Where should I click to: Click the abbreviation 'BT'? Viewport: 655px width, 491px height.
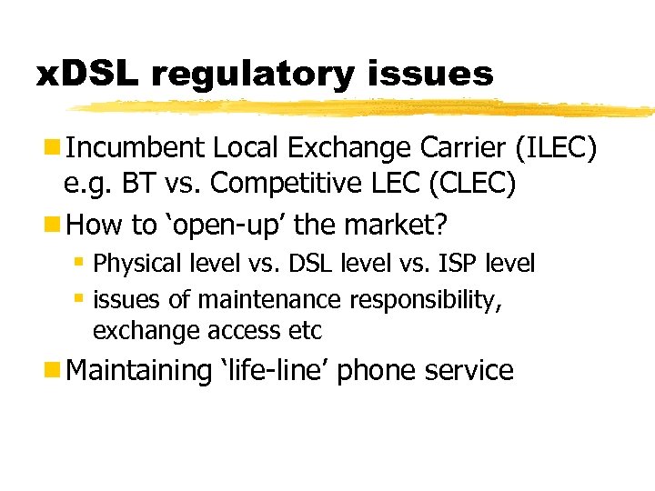(137, 185)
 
